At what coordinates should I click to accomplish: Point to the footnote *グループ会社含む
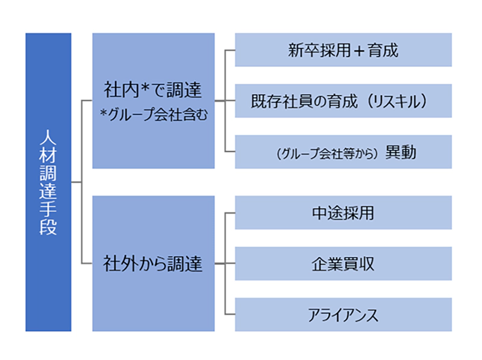[153, 114]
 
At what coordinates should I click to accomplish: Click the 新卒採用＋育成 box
[343, 50]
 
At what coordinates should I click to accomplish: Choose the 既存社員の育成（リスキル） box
[343, 101]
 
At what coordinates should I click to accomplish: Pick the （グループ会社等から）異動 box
[343, 152]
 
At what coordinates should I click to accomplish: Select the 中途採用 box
[343, 213]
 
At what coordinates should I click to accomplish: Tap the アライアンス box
[343, 314]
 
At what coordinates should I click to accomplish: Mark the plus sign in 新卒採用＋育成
[359, 50]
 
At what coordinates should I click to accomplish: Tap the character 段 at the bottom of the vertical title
[48, 229]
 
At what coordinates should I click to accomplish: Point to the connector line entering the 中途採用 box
[230, 213]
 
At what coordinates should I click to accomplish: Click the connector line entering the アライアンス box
[230, 314]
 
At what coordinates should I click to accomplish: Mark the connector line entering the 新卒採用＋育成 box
[230, 50]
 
